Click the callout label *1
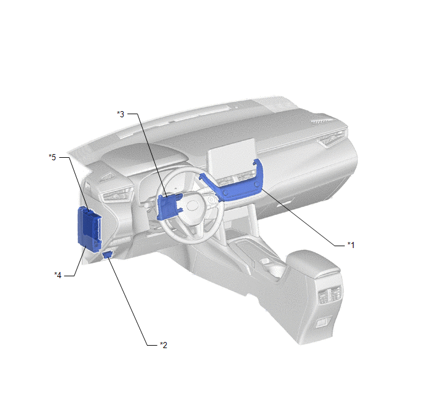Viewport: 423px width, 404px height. tap(350, 245)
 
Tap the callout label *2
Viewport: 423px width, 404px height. tap(164, 344)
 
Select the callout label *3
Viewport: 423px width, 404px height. tap(121, 114)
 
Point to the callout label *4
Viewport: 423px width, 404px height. tap(58, 275)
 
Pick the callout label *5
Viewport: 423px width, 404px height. tap(52, 157)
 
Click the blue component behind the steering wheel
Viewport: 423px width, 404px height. tap(169, 206)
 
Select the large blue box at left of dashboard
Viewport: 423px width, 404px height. tap(89, 229)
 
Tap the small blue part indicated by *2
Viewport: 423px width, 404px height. tap(108, 254)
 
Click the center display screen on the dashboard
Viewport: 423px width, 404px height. tap(231, 158)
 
